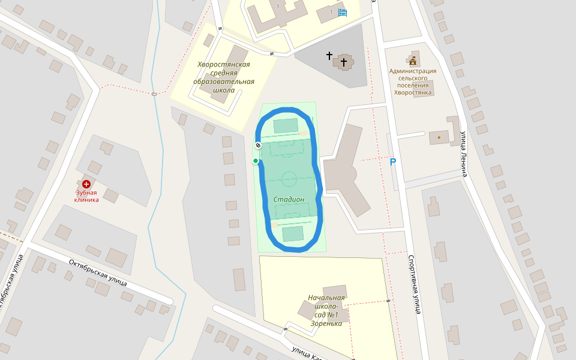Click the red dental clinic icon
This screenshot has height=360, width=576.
pos(86,184)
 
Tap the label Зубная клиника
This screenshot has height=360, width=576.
pos(87,196)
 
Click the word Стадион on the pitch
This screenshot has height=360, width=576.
pos(289,199)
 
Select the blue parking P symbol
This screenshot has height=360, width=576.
pos(393,162)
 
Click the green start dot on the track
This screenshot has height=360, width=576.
pos(256,161)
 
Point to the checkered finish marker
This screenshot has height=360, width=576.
pos(258,145)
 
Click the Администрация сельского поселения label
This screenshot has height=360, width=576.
pos(413,82)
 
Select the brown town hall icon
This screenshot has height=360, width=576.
pos(413,61)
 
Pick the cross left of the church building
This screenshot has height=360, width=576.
pos(329,56)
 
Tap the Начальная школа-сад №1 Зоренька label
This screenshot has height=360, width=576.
pos(326,310)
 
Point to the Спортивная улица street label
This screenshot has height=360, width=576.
pos(413,284)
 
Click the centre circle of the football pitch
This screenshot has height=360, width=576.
pos(289,179)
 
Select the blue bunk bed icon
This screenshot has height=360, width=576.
pos(343,12)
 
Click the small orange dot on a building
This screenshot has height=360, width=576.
pos(439,137)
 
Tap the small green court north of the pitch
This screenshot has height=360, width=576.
pos(286,125)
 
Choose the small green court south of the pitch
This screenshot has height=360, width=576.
pos(293,233)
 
